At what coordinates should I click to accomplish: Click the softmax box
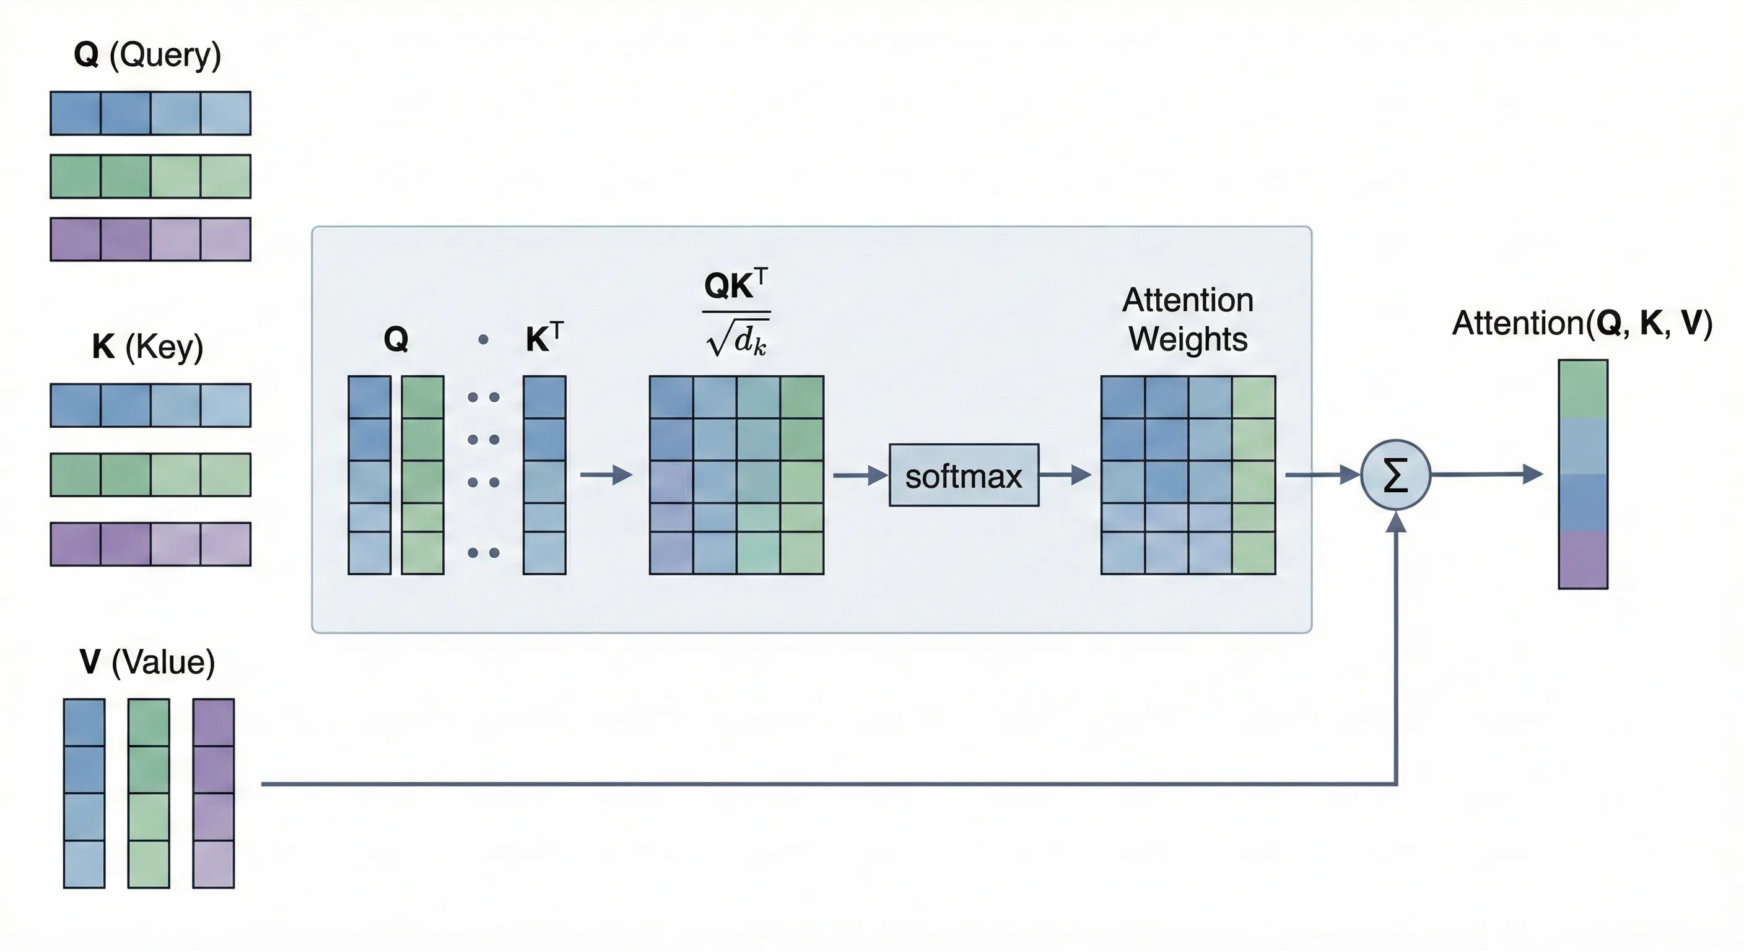pos(964,475)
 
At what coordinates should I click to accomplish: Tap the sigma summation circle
pos(1395,474)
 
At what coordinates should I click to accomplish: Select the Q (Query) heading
pos(147,54)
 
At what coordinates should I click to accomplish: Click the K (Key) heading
pos(147,347)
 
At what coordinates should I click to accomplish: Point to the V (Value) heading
pos(147,662)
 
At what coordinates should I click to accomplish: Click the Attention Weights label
pos(1187,319)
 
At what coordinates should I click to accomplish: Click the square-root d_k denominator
pos(736,340)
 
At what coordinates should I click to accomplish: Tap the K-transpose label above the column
pos(544,338)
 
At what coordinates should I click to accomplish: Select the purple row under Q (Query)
pos(150,239)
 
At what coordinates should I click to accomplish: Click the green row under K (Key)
pos(150,474)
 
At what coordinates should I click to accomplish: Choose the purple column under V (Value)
pos(213,792)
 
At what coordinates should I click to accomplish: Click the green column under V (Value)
pos(149,792)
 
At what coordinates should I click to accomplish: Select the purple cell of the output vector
pos(1583,560)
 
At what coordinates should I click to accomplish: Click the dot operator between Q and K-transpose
pos(482,340)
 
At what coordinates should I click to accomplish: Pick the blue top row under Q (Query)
pos(150,113)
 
